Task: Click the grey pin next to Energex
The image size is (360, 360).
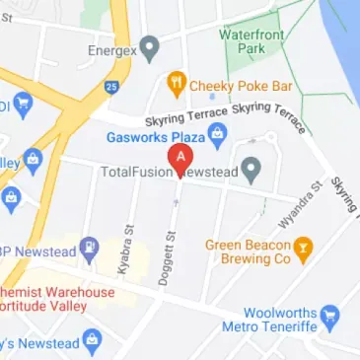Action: click(150, 45)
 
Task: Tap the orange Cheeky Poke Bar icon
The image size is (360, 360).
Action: click(177, 84)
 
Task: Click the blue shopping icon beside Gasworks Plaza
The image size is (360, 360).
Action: click(218, 132)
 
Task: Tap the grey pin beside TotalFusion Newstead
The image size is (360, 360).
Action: click(252, 171)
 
